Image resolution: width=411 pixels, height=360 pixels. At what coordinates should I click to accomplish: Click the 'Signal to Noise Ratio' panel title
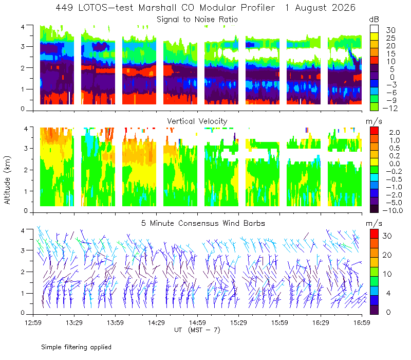click(x=197, y=20)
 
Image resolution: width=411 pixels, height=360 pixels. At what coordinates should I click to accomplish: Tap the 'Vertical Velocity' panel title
click(x=197, y=121)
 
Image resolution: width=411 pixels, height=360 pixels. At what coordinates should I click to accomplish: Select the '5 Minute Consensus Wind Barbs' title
click(x=203, y=223)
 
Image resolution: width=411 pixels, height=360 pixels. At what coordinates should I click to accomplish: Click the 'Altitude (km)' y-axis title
click(x=7, y=180)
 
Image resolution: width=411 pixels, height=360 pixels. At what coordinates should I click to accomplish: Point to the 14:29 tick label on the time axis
click(x=156, y=322)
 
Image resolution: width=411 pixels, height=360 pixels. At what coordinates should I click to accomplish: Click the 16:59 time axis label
click(x=362, y=322)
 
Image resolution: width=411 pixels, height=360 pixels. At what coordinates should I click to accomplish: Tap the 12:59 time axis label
click(x=33, y=322)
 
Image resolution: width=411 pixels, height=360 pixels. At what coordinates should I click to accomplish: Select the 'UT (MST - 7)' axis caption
click(x=197, y=330)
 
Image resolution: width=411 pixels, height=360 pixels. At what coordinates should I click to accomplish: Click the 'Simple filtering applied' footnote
click(x=76, y=347)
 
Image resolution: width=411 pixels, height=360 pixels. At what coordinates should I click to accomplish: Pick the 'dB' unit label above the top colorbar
click(x=374, y=20)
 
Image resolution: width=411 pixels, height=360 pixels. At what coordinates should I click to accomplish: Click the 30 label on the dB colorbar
click(x=390, y=30)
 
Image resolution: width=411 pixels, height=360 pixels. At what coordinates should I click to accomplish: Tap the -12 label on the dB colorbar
click(x=390, y=108)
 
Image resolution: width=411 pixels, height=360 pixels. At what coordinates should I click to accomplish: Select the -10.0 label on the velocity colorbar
click(x=393, y=210)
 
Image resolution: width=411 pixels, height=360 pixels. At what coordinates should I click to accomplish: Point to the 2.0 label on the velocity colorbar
click(x=395, y=133)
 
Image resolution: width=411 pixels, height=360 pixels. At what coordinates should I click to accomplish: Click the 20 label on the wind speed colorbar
click(x=387, y=255)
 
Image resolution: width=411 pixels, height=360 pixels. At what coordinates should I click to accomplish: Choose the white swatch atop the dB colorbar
click(x=374, y=29)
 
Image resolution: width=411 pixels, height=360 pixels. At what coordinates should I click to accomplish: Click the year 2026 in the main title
click(x=344, y=8)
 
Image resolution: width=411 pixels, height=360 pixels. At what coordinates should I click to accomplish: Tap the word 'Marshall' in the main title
click(x=157, y=8)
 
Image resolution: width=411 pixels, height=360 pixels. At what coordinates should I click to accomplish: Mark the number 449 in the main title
click(x=65, y=8)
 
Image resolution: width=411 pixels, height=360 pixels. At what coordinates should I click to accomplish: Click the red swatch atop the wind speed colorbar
click(x=374, y=233)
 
